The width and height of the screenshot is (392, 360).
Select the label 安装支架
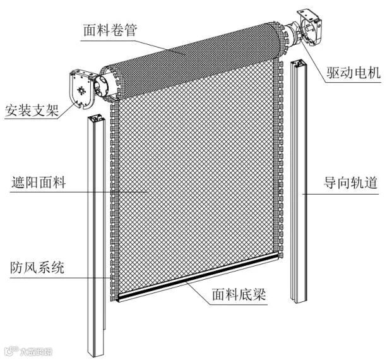click(x=30, y=111)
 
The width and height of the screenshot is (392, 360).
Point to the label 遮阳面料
click(x=39, y=185)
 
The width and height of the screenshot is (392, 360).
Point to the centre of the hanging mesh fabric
click(x=196, y=183)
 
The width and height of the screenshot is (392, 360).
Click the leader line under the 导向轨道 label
click(x=342, y=195)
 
